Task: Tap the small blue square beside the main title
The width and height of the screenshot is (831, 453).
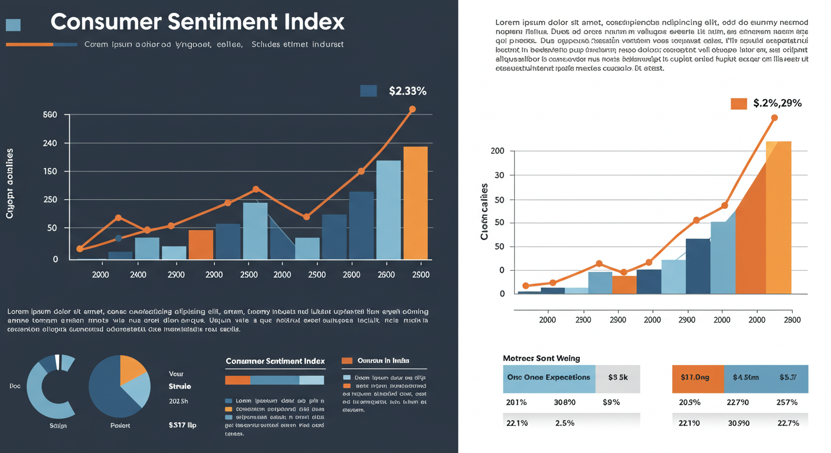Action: (13, 25)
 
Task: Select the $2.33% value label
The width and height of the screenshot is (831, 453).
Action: (407, 91)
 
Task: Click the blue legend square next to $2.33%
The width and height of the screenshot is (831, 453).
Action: (368, 90)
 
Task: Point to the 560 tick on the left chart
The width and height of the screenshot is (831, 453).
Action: (50, 114)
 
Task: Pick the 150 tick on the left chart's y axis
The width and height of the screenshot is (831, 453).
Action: (50, 172)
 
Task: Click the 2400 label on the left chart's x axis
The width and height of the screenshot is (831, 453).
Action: (138, 275)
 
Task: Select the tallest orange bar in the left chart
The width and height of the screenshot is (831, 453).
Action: (415, 203)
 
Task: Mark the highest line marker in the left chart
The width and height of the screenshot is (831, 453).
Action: (412, 109)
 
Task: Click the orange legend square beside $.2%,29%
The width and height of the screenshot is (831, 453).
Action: (739, 104)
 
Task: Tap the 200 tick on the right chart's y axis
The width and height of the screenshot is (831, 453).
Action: (498, 151)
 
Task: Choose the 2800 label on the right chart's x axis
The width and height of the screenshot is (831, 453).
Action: (792, 320)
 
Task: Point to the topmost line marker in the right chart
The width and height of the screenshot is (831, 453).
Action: (774, 118)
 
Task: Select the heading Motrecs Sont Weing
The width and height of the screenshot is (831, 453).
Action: (541, 358)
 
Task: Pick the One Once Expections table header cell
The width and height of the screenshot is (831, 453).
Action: (549, 377)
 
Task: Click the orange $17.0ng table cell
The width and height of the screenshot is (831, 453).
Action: (698, 377)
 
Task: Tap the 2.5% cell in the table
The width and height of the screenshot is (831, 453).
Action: (564, 423)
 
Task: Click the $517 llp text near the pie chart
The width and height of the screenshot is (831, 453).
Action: (182, 424)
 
